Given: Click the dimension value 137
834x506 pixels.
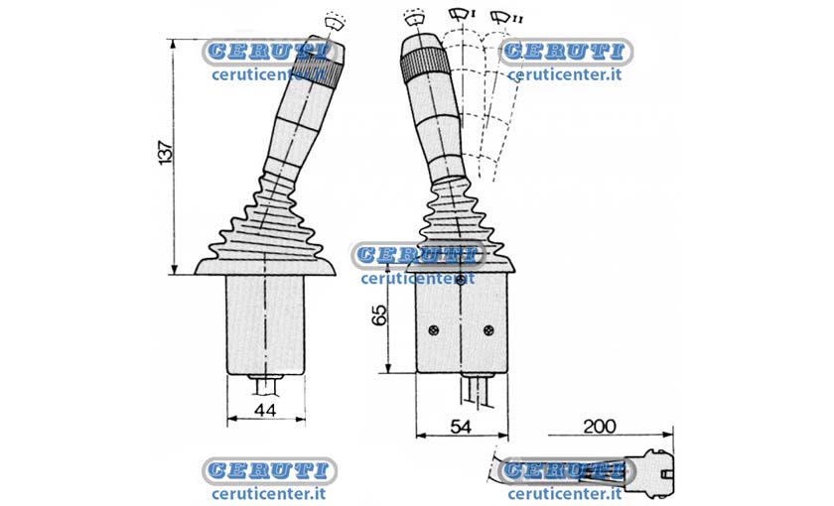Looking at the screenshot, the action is (166, 153).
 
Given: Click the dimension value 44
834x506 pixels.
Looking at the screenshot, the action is (265, 410).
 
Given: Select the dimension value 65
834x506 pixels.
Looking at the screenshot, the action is (379, 315).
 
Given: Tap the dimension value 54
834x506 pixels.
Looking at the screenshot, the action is (461, 427).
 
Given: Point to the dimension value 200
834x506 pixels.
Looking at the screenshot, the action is (600, 426).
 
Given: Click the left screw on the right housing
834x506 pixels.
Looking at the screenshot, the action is (434, 330).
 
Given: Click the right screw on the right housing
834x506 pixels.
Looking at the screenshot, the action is (488, 330).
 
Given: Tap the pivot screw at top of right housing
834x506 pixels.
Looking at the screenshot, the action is (461, 278).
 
